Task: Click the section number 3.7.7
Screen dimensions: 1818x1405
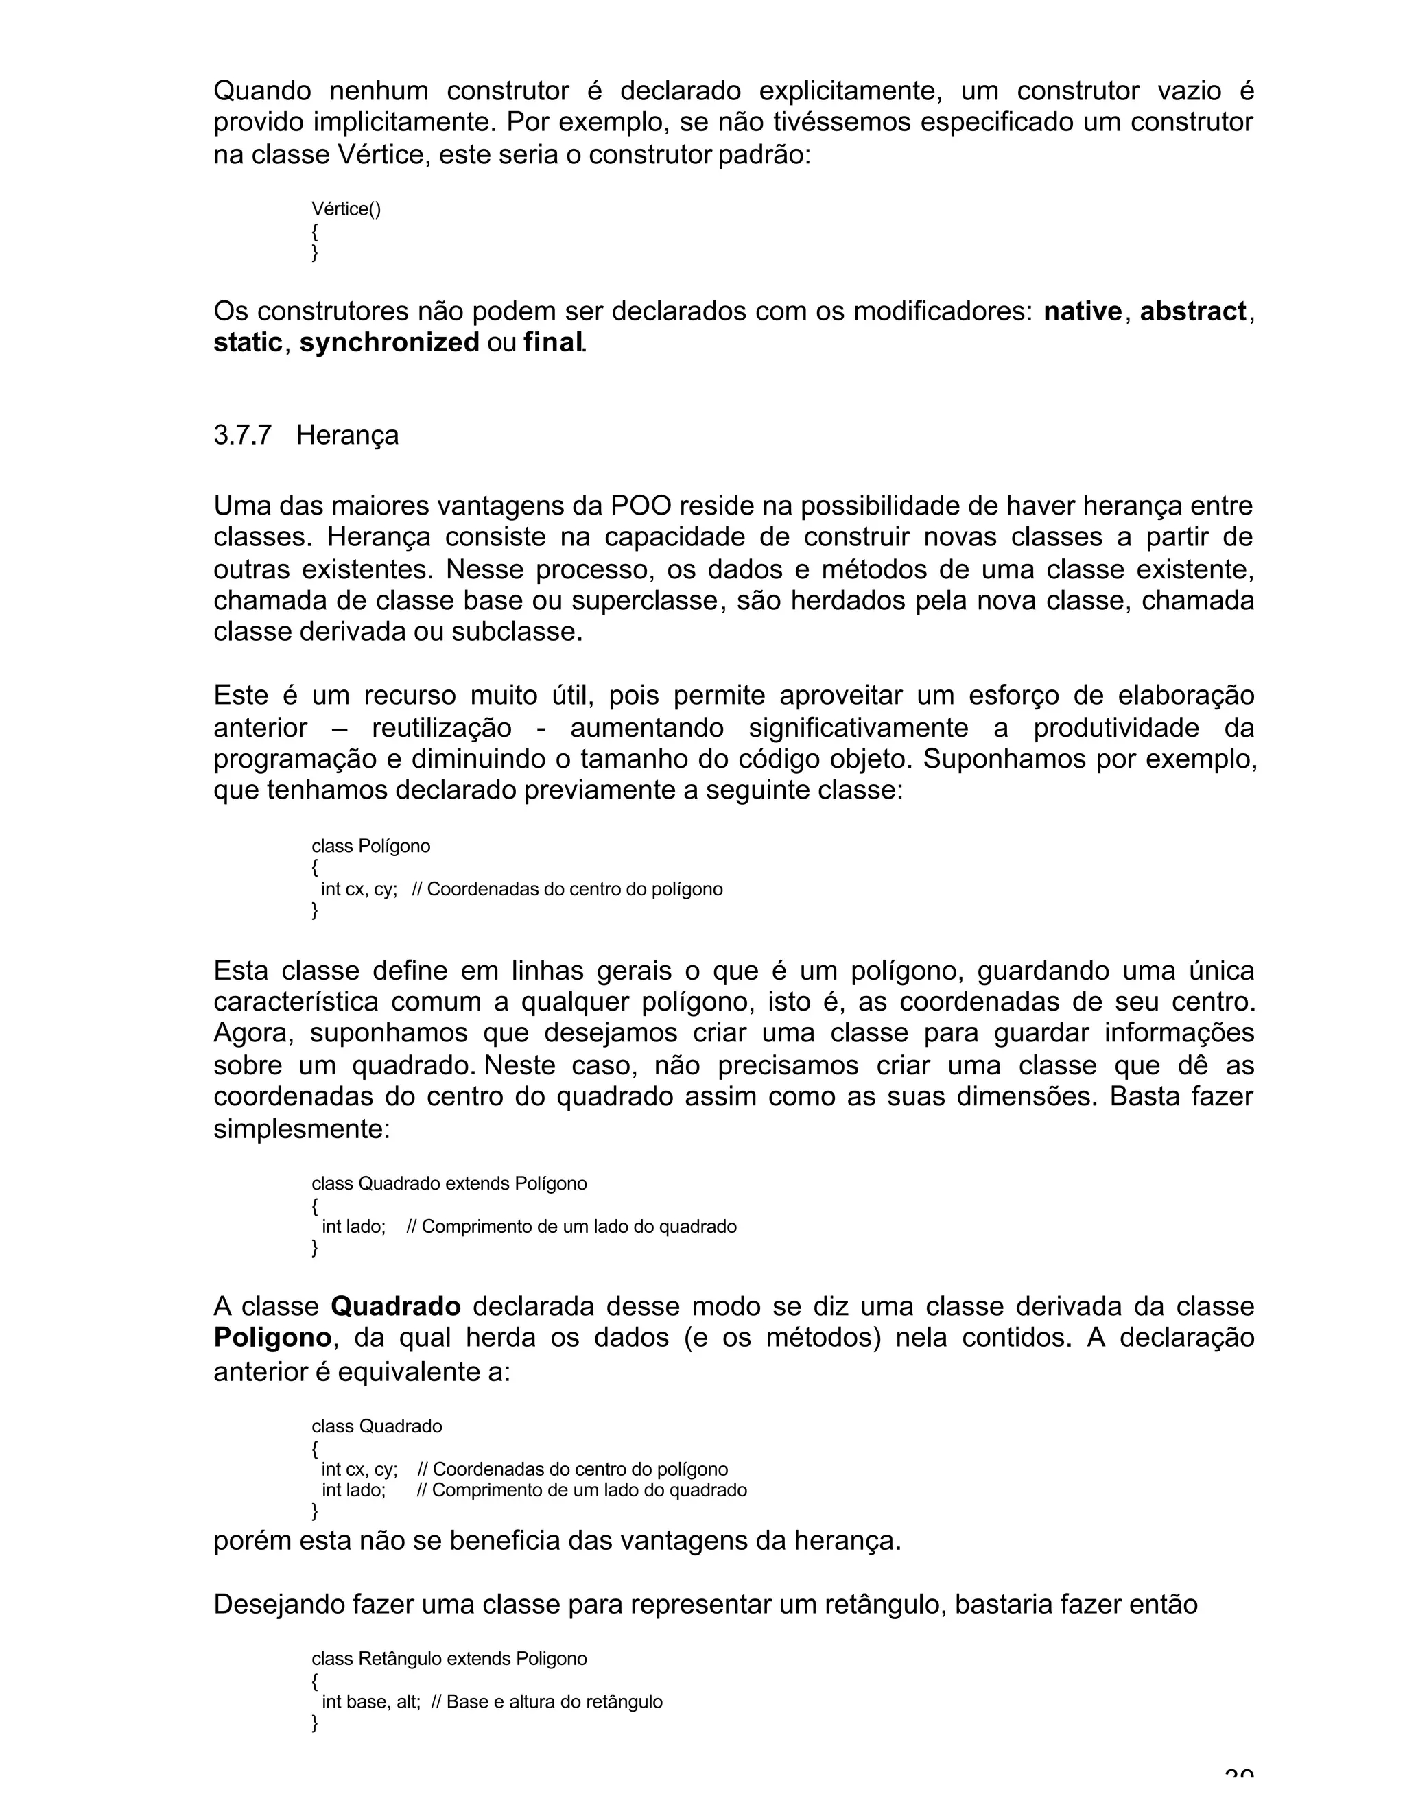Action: coord(242,436)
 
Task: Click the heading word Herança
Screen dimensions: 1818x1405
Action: coord(347,436)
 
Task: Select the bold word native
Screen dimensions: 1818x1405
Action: coord(1082,311)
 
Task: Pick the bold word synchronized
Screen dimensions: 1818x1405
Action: coord(389,343)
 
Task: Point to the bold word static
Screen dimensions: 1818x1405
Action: coord(247,343)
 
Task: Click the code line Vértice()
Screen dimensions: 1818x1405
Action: coord(346,209)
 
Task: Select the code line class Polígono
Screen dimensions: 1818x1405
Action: coord(370,847)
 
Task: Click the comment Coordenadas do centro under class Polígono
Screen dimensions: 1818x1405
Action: coord(567,889)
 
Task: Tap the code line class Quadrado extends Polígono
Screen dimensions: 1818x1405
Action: coord(449,1183)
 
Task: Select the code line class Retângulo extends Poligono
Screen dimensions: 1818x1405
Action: coord(449,1659)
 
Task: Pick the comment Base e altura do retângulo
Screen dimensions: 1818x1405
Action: coord(554,1701)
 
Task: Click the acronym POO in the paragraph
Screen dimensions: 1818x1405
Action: coord(639,506)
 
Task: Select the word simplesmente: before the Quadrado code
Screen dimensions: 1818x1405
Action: coord(301,1130)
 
